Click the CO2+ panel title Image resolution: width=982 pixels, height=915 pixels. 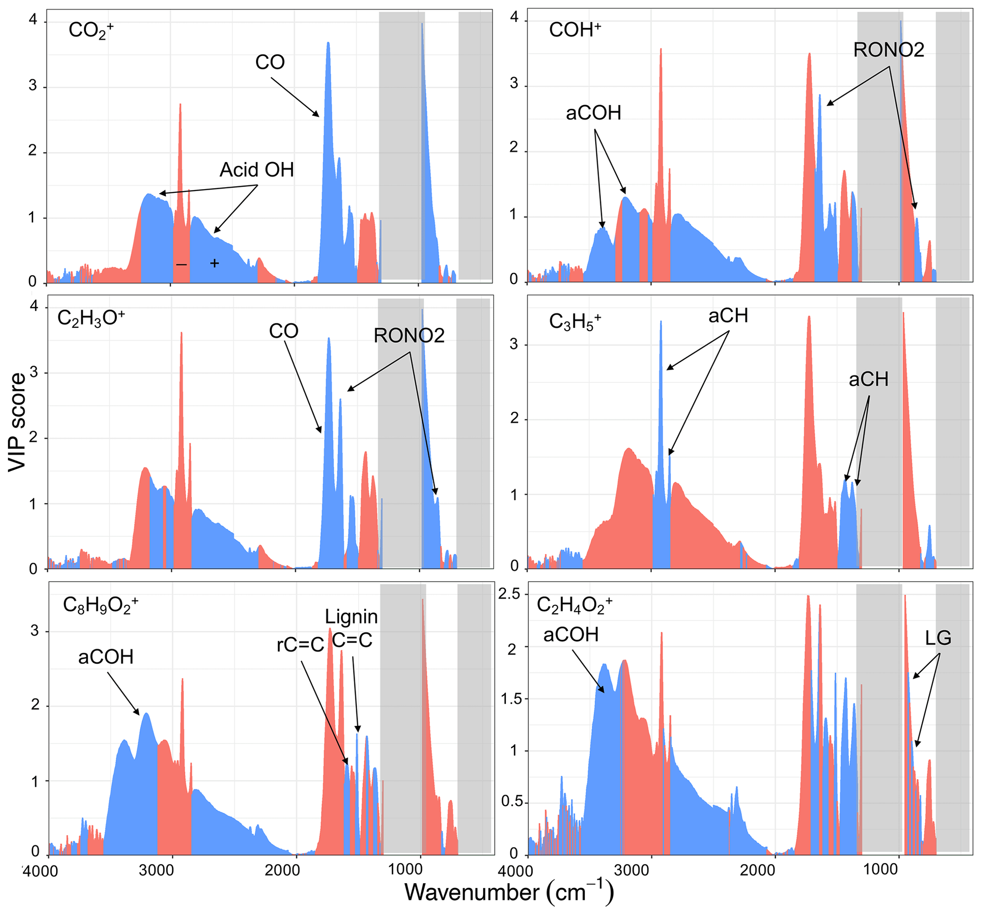(x=90, y=30)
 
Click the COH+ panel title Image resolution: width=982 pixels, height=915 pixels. (x=574, y=30)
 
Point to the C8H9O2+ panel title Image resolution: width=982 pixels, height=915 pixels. (x=100, y=605)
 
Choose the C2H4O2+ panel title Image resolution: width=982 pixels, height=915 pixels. (x=574, y=605)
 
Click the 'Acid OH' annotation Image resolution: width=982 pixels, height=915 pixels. (x=257, y=170)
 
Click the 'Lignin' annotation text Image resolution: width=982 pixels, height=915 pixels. (x=351, y=617)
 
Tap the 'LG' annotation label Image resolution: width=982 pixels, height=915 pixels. (x=937, y=638)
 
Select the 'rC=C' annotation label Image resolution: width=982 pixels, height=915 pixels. (x=300, y=645)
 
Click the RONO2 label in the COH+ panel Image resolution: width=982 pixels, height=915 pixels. (x=888, y=50)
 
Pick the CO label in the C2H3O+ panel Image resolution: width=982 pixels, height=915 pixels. (x=284, y=331)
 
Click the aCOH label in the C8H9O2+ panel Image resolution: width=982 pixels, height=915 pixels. (x=106, y=657)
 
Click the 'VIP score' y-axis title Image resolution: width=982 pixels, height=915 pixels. (x=17, y=422)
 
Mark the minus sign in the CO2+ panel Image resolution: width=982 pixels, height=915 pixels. (x=181, y=265)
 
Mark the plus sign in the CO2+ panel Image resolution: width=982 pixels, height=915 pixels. (x=214, y=263)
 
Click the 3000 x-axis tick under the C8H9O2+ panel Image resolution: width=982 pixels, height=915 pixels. (x=157, y=870)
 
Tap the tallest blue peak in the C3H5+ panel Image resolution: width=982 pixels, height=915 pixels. (x=661, y=323)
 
